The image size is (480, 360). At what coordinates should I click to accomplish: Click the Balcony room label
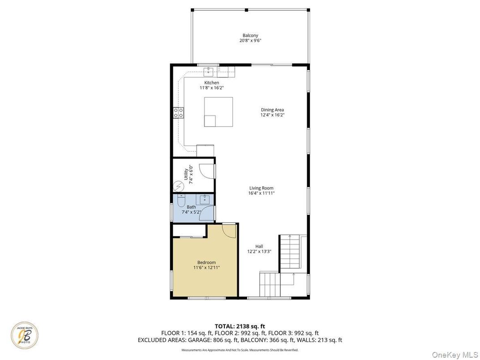pyautogui.click(x=250, y=35)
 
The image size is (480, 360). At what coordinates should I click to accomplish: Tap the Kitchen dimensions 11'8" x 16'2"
pyautogui.click(x=211, y=88)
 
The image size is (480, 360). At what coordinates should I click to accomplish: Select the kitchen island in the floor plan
pyautogui.click(x=219, y=111)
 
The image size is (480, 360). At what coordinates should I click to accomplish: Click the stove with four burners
pyautogui.click(x=179, y=112)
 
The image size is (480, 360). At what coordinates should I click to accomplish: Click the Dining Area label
pyautogui.click(x=272, y=110)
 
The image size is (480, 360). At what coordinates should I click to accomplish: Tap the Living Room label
pyautogui.click(x=261, y=188)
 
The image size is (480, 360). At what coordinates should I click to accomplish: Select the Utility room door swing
pyautogui.click(x=206, y=171)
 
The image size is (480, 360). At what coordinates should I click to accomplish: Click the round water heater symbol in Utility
pyautogui.click(x=179, y=185)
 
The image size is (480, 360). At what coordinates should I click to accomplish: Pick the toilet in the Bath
pyautogui.click(x=180, y=201)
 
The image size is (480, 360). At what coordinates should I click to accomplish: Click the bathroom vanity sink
pyautogui.click(x=205, y=199)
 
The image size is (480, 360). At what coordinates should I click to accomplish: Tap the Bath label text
pyautogui.click(x=191, y=207)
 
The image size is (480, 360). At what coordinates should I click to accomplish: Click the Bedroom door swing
pyautogui.click(x=229, y=231)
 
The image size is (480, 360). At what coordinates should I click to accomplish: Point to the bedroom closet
pyautogui.click(x=189, y=231)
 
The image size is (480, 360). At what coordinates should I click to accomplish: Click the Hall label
pyautogui.click(x=259, y=246)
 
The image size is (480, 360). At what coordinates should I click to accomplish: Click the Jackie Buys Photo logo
pyautogui.click(x=25, y=336)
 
